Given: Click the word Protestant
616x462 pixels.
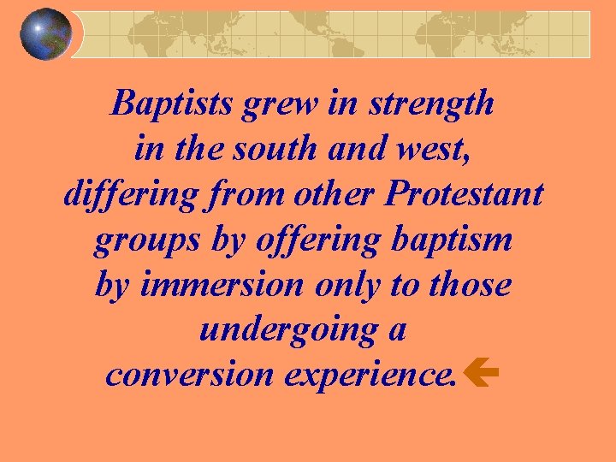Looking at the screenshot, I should coord(464,195).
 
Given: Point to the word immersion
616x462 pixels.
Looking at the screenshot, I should coord(222,285).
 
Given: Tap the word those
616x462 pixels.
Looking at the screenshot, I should coord(470,285).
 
